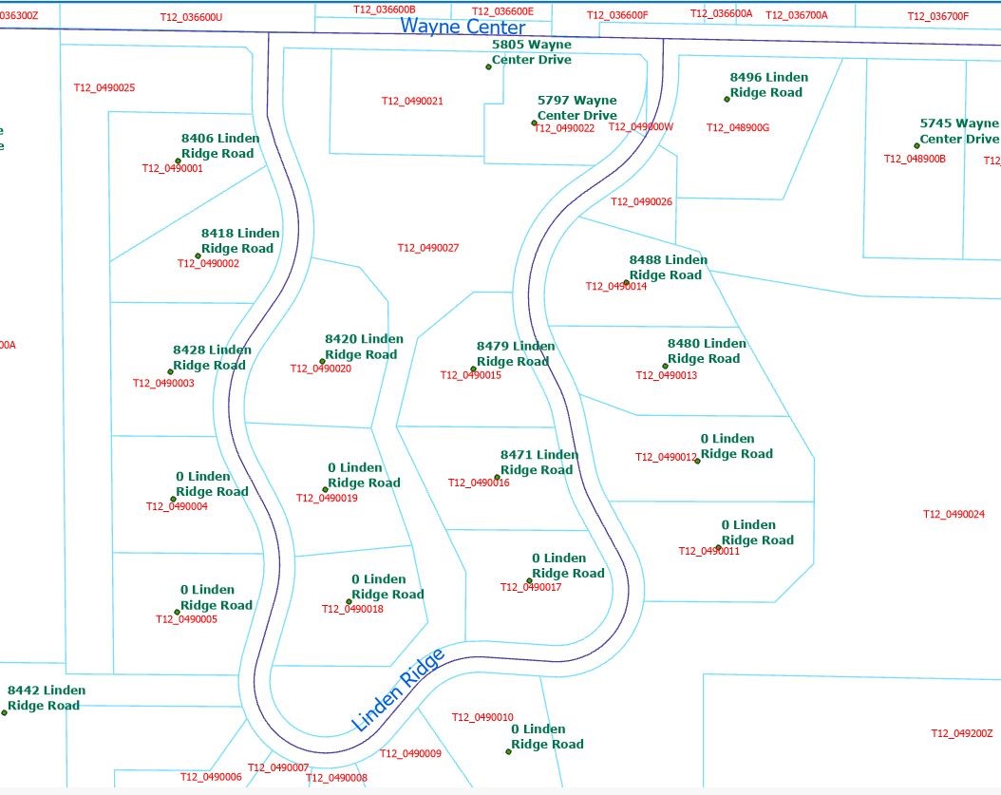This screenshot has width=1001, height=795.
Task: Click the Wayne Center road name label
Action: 463,27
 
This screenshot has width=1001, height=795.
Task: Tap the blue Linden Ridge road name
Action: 399,690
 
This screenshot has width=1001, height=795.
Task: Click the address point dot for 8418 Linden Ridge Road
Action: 198,256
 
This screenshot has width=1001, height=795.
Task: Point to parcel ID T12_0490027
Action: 428,248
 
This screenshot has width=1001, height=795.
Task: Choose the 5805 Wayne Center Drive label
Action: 532,52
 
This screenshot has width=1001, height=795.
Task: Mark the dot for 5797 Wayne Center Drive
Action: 534,123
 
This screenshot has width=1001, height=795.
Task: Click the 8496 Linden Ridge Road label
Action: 769,85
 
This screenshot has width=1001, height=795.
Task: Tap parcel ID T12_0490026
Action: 641,201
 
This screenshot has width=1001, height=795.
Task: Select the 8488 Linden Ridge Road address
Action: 668,267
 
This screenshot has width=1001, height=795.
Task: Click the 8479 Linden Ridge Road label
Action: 515,353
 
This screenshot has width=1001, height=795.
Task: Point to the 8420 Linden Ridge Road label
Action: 364,347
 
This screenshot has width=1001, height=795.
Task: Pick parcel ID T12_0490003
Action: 163,384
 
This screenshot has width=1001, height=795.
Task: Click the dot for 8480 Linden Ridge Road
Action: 665,366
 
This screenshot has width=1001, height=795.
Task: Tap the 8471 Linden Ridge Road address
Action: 538,463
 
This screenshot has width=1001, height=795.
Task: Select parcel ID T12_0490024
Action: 954,515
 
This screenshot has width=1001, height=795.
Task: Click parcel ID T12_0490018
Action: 352,610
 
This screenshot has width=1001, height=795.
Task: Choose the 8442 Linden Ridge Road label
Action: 46,698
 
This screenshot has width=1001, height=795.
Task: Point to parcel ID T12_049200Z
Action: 961,733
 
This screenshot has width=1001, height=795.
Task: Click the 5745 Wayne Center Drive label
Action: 958,131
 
